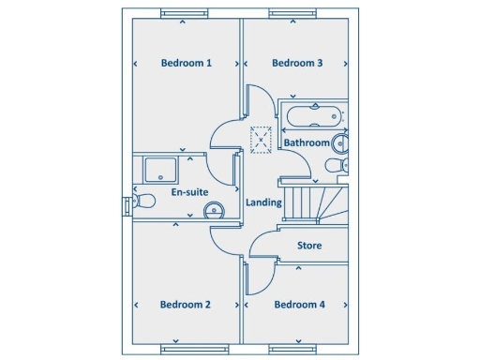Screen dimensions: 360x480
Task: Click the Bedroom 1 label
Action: click(x=186, y=64)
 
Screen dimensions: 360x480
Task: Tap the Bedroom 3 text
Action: click(x=297, y=64)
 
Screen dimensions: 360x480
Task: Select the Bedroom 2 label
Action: click(x=185, y=305)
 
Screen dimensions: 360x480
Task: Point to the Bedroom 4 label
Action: click(x=299, y=305)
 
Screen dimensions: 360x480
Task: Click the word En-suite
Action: click(x=189, y=192)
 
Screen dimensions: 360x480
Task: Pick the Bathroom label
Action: click(x=307, y=143)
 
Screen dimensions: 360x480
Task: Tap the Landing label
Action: click(x=263, y=202)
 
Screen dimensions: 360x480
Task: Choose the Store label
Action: click(x=309, y=246)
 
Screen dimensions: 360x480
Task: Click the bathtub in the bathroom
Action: click(x=313, y=117)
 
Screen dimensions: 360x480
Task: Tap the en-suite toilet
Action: click(x=143, y=201)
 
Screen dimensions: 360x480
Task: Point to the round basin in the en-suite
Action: click(x=215, y=210)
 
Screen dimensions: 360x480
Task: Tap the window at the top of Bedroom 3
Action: click(x=293, y=13)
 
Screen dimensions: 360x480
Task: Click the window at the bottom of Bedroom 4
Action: click(x=293, y=352)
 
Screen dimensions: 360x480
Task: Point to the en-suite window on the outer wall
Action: click(x=126, y=206)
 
